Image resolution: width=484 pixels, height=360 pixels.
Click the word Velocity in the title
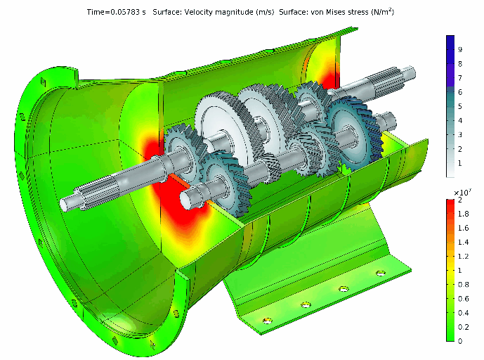point(197,12)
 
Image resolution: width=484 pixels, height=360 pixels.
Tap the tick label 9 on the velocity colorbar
point(460,49)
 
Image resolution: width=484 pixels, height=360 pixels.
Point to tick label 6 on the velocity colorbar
point(460,92)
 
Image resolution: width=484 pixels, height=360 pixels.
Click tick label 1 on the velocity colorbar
point(460,163)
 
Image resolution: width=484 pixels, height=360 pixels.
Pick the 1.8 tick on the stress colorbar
point(464,214)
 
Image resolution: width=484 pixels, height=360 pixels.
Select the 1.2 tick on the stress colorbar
point(464,256)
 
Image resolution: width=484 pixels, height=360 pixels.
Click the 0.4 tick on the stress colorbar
point(464,313)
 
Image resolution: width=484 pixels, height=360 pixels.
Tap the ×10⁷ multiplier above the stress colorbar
point(462,193)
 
